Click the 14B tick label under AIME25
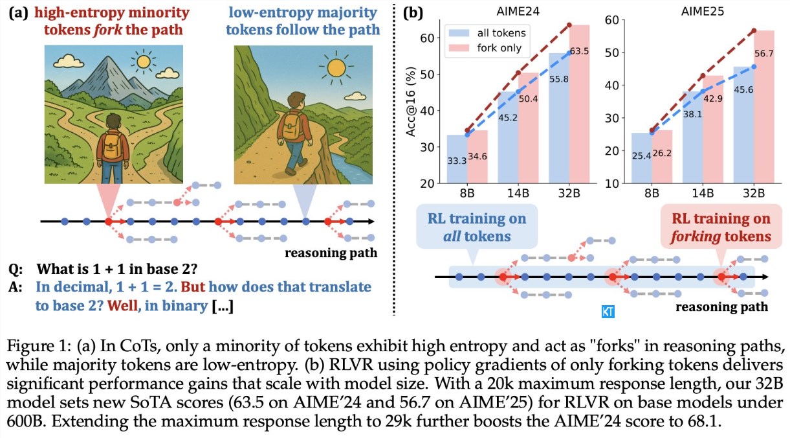[x=703, y=194]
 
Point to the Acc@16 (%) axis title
[x=410, y=102]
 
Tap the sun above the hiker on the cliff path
[x=336, y=67]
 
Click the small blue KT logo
[x=608, y=312]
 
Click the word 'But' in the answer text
[x=193, y=285]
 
